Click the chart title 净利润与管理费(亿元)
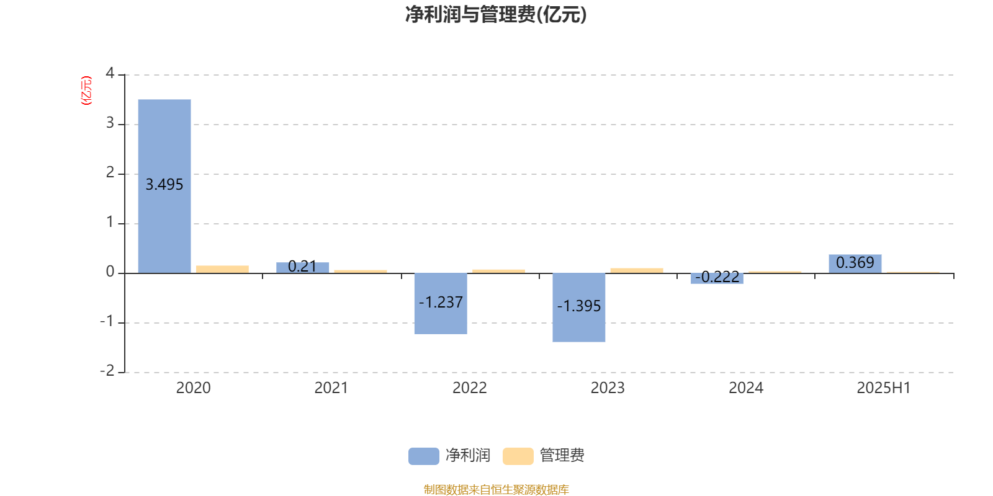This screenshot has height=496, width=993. click(496, 15)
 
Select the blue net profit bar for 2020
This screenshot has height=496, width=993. click(164, 186)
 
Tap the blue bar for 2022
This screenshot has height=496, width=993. click(441, 304)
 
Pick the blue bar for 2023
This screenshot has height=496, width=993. click(579, 308)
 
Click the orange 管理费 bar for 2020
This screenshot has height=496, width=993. click(223, 269)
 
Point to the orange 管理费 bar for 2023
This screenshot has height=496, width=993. click(637, 270)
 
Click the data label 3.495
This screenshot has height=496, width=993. click(164, 185)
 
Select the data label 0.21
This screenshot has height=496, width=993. click(302, 266)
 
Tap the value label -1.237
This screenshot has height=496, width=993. click(441, 302)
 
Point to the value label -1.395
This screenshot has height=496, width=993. click(579, 306)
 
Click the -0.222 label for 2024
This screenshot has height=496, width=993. click(717, 277)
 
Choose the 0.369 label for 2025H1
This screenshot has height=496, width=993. click(855, 263)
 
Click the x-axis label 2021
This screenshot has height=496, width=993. click(331, 388)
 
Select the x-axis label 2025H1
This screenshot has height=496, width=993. click(884, 388)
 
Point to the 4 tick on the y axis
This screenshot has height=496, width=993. click(110, 73)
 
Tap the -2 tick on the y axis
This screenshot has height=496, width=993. click(107, 371)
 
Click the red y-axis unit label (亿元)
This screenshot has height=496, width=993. click(86, 91)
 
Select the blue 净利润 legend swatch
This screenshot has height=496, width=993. click(424, 456)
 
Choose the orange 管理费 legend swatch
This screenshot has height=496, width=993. click(518, 456)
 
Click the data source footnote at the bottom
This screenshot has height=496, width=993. click(496, 489)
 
